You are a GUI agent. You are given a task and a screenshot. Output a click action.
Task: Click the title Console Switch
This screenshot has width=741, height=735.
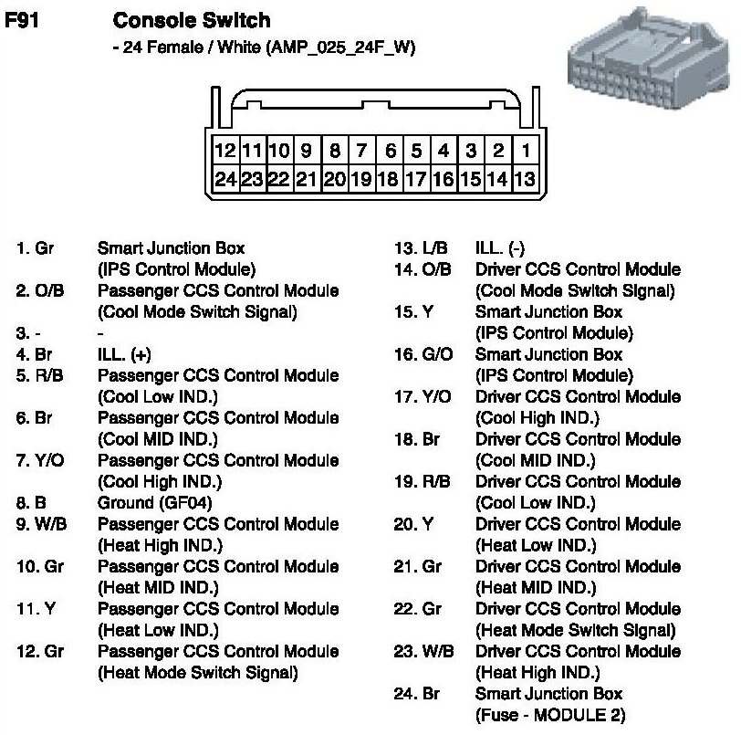pyautogui.click(x=190, y=20)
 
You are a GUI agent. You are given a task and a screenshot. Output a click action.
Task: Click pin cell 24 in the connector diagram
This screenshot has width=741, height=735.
pyautogui.click(x=224, y=179)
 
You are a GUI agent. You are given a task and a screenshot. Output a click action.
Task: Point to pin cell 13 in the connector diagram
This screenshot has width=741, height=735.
pyautogui.click(x=525, y=179)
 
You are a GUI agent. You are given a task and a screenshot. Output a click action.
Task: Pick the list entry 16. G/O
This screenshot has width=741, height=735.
pyautogui.click(x=423, y=354)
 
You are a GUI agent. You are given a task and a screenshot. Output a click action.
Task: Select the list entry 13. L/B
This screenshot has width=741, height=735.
pyautogui.click(x=422, y=248)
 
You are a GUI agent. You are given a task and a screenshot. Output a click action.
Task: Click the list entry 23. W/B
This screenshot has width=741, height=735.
pyautogui.click(x=423, y=652)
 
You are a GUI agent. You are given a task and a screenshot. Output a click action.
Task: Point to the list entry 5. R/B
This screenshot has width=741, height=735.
pyautogui.click(x=40, y=375)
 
